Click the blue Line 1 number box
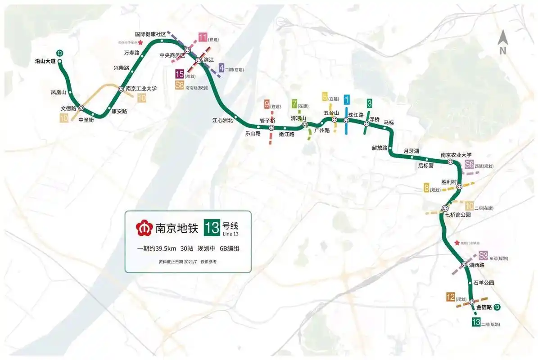(346, 99)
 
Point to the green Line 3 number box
(369, 103)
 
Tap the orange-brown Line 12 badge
(450, 297)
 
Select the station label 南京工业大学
(141, 89)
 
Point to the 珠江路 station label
(356, 115)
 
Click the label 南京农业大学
(456, 155)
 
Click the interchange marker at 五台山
(334, 120)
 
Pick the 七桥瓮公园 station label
(457, 215)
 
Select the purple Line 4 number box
(222, 68)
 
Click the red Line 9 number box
(267, 105)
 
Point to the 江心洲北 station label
(223, 120)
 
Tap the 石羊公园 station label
(484, 283)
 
